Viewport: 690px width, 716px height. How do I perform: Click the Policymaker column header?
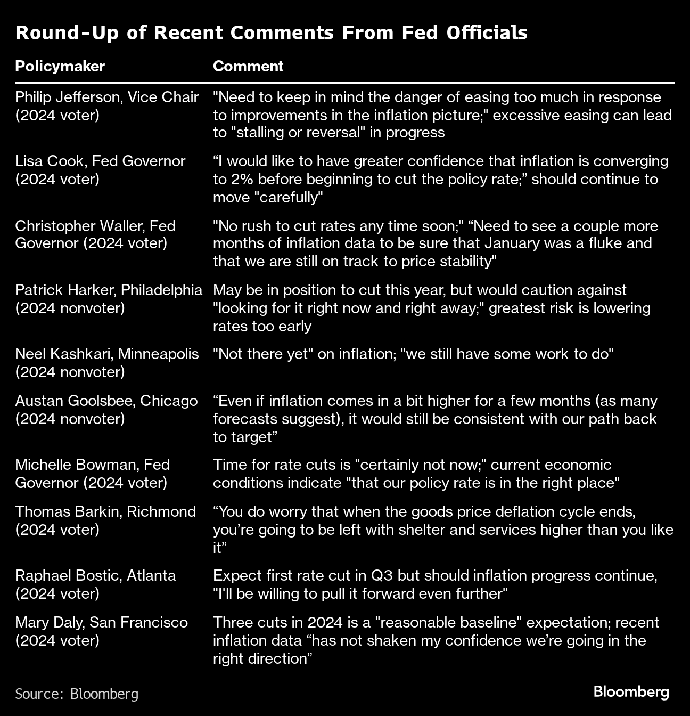[60, 66]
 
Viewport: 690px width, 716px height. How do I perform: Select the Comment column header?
[248, 66]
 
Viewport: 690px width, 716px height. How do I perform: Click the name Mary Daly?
[48, 623]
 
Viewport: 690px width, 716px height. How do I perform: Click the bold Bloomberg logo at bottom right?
[631, 692]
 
